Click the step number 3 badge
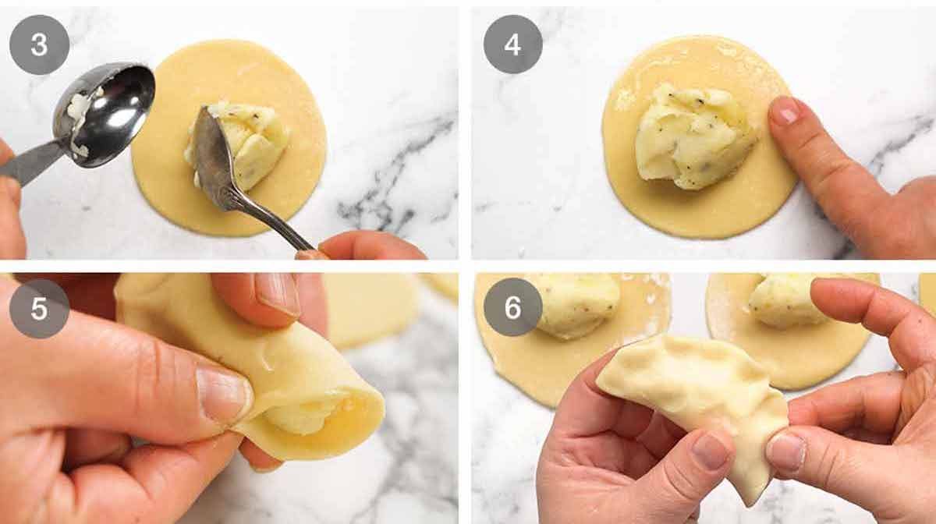coord(39,44)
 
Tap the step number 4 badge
coord(512,44)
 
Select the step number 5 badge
coord(39,309)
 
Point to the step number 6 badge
coord(512,307)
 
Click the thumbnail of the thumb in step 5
coord(222,394)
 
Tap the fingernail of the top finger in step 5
coord(277,293)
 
